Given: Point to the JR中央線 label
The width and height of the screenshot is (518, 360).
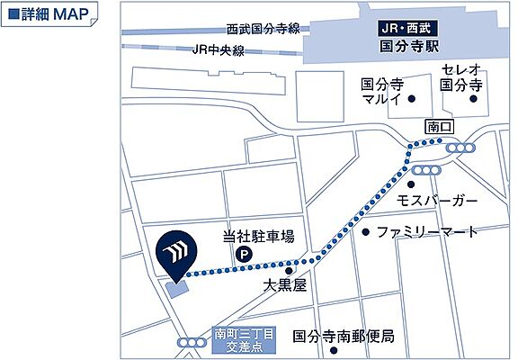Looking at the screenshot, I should [x=218, y=50].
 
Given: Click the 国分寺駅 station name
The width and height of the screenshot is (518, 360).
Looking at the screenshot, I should [x=397, y=43].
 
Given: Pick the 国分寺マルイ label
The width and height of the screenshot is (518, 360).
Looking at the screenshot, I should [x=380, y=91].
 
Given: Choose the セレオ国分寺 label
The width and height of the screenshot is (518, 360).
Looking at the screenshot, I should [x=462, y=77].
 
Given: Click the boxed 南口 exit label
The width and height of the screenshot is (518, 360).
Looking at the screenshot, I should [x=439, y=126].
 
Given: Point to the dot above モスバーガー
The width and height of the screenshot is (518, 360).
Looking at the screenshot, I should [x=410, y=184].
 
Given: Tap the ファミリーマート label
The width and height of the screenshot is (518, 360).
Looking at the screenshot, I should [x=428, y=231].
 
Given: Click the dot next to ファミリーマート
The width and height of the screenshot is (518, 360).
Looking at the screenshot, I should [x=365, y=232].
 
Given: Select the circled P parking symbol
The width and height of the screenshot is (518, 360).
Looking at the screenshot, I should [x=242, y=256].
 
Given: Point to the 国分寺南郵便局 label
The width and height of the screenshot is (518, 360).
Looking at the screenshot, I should [x=344, y=337].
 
